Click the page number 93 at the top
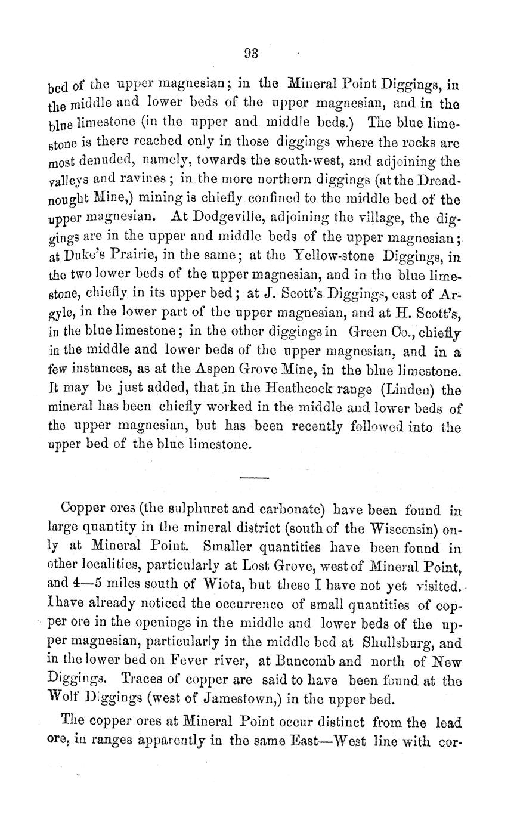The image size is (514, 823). (x=251, y=53)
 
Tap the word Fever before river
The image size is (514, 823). (x=187, y=662)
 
